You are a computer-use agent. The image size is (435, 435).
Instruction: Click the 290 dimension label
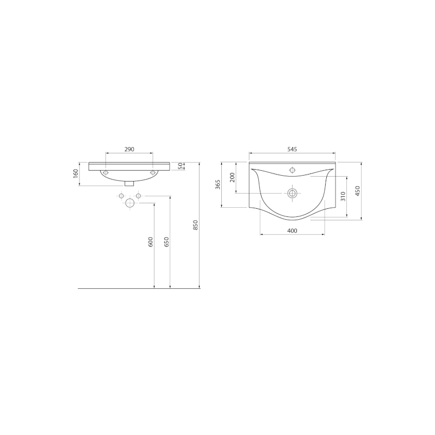(129, 149)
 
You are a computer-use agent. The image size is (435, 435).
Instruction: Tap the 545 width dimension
(292, 149)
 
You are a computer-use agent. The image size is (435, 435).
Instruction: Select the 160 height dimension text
(76, 173)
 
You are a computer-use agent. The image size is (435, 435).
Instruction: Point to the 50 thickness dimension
(181, 166)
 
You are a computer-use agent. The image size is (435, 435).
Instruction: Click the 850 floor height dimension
(195, 225)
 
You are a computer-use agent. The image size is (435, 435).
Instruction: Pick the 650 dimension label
(166, 242)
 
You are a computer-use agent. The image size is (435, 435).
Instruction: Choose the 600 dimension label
(151, 242)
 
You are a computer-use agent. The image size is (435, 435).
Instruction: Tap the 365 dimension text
(218, 184)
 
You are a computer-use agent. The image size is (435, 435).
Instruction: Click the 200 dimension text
(232, 177)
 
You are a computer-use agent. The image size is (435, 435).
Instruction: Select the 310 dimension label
(343, 196)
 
